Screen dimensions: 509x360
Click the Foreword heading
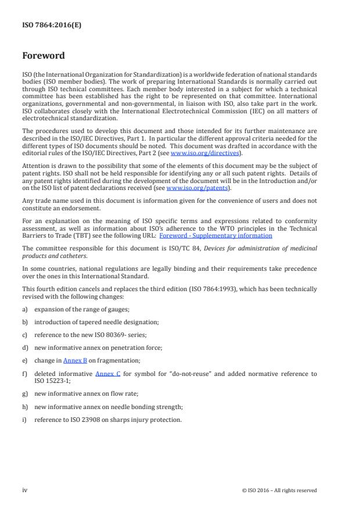(44, 56)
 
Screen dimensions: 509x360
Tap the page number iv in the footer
(25, 490)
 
